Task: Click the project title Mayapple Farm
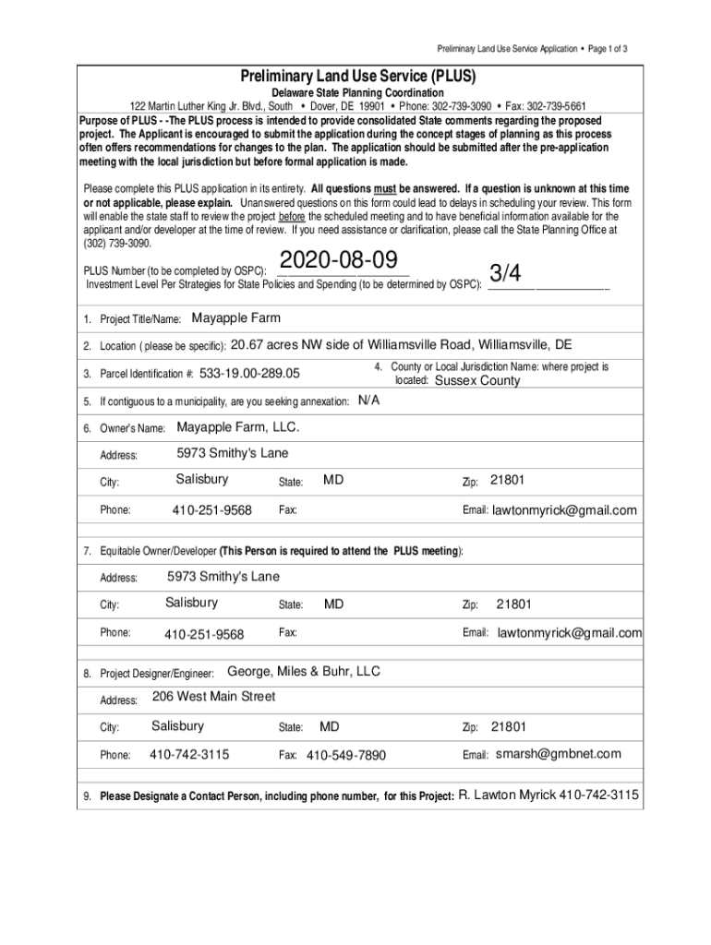point(235,318)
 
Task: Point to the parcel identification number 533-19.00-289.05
point(249,374)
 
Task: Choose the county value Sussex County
point(477,380)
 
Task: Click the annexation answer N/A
point(368,401)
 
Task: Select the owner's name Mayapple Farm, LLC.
point(237,427)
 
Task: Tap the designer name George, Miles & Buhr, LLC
point(303,671)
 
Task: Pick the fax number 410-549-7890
point(345,756)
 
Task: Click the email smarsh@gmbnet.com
point(559,754)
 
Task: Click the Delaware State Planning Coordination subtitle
point(356,93)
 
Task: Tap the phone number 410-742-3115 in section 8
point(189,755)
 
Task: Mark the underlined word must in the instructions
point(384,188)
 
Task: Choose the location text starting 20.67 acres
point(401,345)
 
